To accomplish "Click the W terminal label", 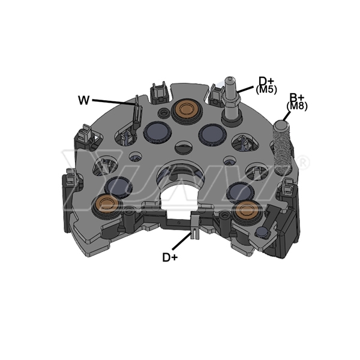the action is (83, 100).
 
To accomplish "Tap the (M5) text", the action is (266, 89).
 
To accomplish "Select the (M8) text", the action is (297, 106).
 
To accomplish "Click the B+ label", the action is (297, 98).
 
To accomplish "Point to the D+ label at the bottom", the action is (170, 257).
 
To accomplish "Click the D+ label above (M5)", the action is (266, 81).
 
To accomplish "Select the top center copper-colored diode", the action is (185, 109).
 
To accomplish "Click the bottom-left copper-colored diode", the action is (106, 204).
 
